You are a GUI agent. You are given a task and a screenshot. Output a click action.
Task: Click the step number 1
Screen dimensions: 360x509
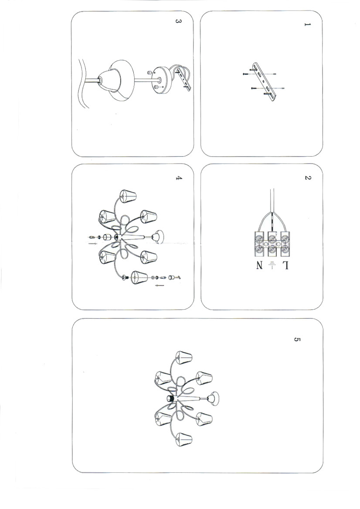(x=307, y=25)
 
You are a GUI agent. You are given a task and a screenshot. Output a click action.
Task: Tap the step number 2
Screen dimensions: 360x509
(x=307, y=178)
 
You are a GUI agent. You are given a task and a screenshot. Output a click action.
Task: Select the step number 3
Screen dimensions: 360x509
(x=178, y=21)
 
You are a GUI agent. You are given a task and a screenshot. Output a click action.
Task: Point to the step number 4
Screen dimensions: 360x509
(x=178, y=178)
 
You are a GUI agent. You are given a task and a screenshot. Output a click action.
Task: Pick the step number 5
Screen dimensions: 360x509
(x=297, y=339)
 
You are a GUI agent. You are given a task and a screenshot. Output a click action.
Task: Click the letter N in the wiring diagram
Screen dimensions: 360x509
(x=259, y=266)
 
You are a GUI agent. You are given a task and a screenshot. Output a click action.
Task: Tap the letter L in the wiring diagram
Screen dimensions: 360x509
(x=285, y=266)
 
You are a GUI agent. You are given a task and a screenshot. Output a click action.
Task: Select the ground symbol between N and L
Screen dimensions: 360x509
(x=272, y=265)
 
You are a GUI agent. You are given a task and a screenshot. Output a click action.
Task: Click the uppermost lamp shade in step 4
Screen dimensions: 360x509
(x=128, y=196)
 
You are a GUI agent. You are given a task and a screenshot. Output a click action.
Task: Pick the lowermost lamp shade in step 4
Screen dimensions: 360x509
(x=139, y=277)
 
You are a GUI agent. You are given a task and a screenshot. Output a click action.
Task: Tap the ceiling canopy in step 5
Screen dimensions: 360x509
(x=214, y=397)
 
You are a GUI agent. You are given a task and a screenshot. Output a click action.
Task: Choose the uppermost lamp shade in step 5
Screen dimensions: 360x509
(x=184, y=357)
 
